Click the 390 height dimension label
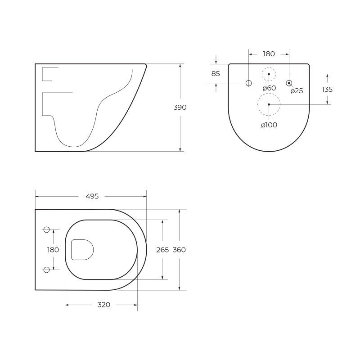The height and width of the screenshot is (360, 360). point(180,107)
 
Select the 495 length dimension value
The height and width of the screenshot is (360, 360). point(92,196)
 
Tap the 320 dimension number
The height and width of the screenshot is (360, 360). point(104,305)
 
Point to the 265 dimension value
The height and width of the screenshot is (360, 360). point(162,250)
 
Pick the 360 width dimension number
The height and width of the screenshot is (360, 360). point(179,250)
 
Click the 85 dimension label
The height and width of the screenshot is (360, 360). point(216,74)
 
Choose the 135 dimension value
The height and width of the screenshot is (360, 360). point(327,89)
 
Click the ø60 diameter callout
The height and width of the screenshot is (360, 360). point(269,88)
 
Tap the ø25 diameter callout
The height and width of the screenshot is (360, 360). point(297,91)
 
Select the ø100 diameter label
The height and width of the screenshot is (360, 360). point(269,125)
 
